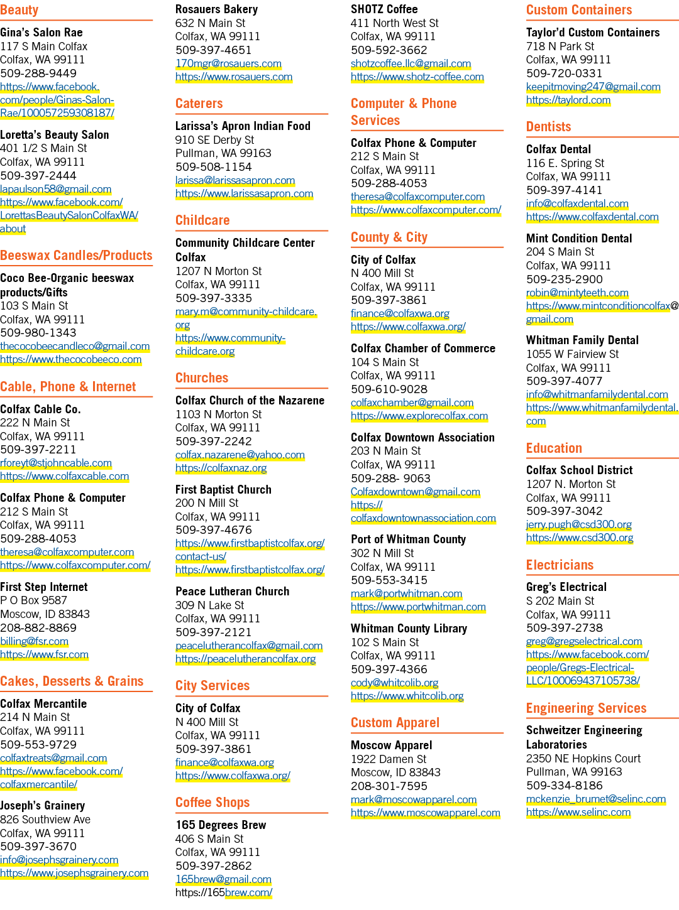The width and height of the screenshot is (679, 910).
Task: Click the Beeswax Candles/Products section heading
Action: point(76,256)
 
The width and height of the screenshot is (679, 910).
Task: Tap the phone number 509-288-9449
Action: point(38,73)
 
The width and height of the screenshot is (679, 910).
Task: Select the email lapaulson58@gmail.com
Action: point(55,190)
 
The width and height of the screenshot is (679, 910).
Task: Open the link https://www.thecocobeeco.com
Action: point(70,359)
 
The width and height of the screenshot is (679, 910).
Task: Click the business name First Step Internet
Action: point(43,587)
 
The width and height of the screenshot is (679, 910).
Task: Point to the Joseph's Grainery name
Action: point(42,805)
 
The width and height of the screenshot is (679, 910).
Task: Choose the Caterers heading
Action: point(199,103)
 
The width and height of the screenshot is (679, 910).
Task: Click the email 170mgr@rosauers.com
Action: point(228,64)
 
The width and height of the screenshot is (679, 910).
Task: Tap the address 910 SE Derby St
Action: point(214,140)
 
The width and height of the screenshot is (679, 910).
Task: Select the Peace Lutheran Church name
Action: point(233,591)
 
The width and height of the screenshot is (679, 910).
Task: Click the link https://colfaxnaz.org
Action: point(221,468)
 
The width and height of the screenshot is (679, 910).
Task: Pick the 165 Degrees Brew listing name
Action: point(221,825)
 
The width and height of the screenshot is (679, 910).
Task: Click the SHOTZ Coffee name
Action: point(384,9)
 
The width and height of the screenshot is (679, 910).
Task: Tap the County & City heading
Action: point(389,237)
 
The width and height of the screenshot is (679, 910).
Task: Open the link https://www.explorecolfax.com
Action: point(419,416)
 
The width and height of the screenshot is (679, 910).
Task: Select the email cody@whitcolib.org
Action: point(395,683)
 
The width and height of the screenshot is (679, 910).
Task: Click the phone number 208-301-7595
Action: point(389,786)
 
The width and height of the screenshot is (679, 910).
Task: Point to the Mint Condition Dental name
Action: point(579,239)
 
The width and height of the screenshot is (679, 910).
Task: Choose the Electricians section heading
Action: point(560,565)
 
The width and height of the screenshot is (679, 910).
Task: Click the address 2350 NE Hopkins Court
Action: point(583,759)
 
